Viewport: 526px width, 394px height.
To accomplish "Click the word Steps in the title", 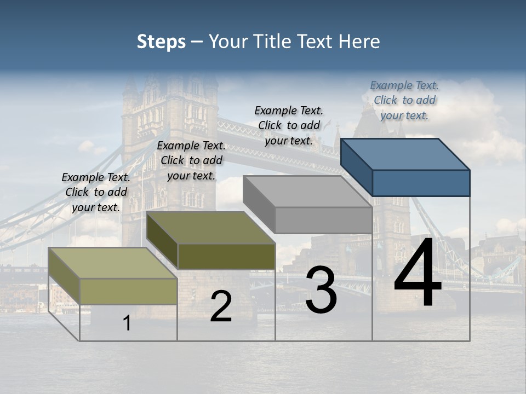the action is click(x=161, y=42).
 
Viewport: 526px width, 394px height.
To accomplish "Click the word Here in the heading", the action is click(x=359, y=42).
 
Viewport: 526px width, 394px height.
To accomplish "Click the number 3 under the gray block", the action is click(x=321, y=291).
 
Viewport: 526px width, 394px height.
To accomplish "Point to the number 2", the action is click(x=221, y=307).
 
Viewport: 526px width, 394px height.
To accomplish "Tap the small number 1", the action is click(x=127, y=323).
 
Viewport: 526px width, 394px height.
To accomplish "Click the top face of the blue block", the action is click(x=405, y=154).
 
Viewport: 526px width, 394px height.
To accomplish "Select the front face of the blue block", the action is click(x=421, y=183).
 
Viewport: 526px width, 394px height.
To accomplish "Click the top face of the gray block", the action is click(x=307, y=191).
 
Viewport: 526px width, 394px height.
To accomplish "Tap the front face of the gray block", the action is click(x=323, y=220).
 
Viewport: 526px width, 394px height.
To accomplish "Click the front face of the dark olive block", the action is click(x=226, y=256).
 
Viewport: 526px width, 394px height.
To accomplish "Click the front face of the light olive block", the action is click(x=129, y=291).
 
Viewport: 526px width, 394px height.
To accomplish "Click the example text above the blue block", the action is click(x=404, y=100).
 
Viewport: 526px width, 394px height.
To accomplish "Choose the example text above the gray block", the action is click(x=289, y=125).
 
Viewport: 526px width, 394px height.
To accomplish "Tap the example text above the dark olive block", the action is click(x=191, y=160).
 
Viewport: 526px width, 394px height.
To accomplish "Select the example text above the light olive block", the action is click(x=96, y=192).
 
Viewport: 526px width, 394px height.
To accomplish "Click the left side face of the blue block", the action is click(x=356, y=167).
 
